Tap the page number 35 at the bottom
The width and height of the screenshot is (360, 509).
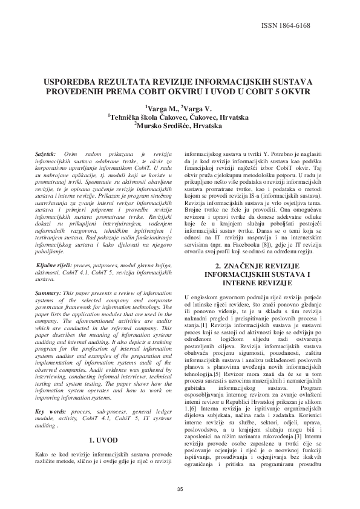[180, 489]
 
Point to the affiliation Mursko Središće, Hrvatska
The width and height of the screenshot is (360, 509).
[180, 126]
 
